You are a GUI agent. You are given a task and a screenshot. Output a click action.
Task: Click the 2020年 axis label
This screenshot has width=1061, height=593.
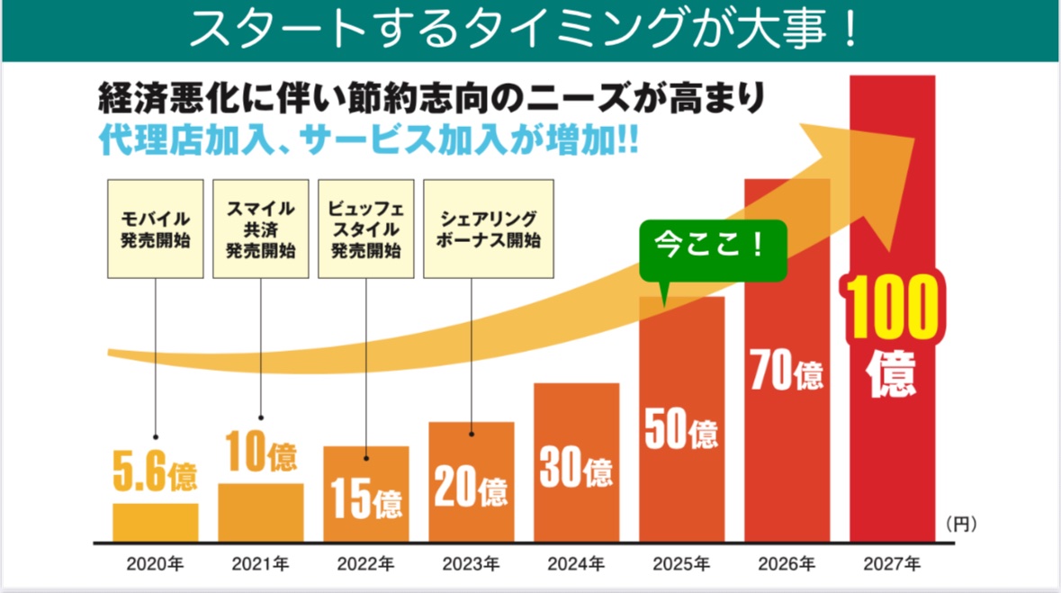pyautogui.click(x=155, y=565)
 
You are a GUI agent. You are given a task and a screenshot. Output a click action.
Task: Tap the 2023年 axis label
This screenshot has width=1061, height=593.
pyautogui.click(x=471, y=565)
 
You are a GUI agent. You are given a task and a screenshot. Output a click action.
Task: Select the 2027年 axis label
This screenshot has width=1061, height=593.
pyautogui.click(x=892, y=565)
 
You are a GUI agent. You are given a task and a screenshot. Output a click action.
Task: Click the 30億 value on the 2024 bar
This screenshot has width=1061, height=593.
pyautogui.click(x=576, y=467)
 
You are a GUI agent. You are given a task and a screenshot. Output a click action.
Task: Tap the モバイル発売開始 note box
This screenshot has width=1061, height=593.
pyautogui.click(x=156, y=229)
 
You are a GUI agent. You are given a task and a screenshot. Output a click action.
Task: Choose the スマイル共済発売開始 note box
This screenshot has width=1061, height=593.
pyautogui.click(x=261, y=229)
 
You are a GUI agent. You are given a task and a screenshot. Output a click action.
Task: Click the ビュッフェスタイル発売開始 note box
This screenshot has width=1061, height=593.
pyautogui.click(x=365, y=229)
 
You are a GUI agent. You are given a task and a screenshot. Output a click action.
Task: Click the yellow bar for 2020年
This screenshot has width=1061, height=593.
pyautogui.click(x=155, y=522)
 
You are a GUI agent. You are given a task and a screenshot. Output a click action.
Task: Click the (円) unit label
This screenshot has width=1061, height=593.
pyautogui.click(x=961, y=522)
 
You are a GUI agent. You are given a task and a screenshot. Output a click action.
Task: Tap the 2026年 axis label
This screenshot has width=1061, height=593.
pyautogui.click(x=787, y=565)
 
